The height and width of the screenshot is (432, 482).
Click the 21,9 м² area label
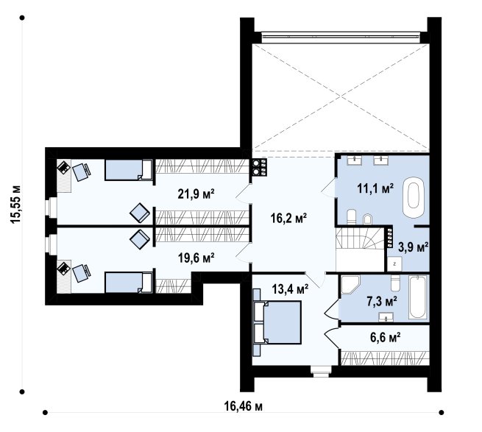(x=196, y=194)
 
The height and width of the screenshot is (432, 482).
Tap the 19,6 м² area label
(x=196, y=258)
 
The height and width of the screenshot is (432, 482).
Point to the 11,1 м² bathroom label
(x=375, y=188)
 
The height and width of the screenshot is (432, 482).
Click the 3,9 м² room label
(x=413, y=247)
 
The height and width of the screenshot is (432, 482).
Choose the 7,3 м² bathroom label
(x=382, y=301)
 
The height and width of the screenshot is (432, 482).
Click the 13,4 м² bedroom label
(x=290, y=288)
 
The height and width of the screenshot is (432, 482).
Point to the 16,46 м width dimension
(x=243, y=406)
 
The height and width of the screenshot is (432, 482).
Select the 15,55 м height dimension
(x=16, y=204)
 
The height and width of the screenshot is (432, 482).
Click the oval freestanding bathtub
(x=414, y=197)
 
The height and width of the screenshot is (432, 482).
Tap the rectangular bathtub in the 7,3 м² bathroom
(x=418, y=297)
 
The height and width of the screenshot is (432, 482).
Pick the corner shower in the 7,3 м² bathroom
(x=350, y=284)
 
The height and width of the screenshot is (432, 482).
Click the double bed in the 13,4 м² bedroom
(x=277, y=322)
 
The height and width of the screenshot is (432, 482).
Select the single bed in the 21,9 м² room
(x=129, y=169)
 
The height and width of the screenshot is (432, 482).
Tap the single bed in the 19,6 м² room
(x=129, y=282)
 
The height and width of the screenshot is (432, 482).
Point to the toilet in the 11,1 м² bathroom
(x=351, y=216)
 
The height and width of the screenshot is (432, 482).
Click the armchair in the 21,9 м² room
(x=140, y=213)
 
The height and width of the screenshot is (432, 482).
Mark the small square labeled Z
(x=394, y=263)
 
